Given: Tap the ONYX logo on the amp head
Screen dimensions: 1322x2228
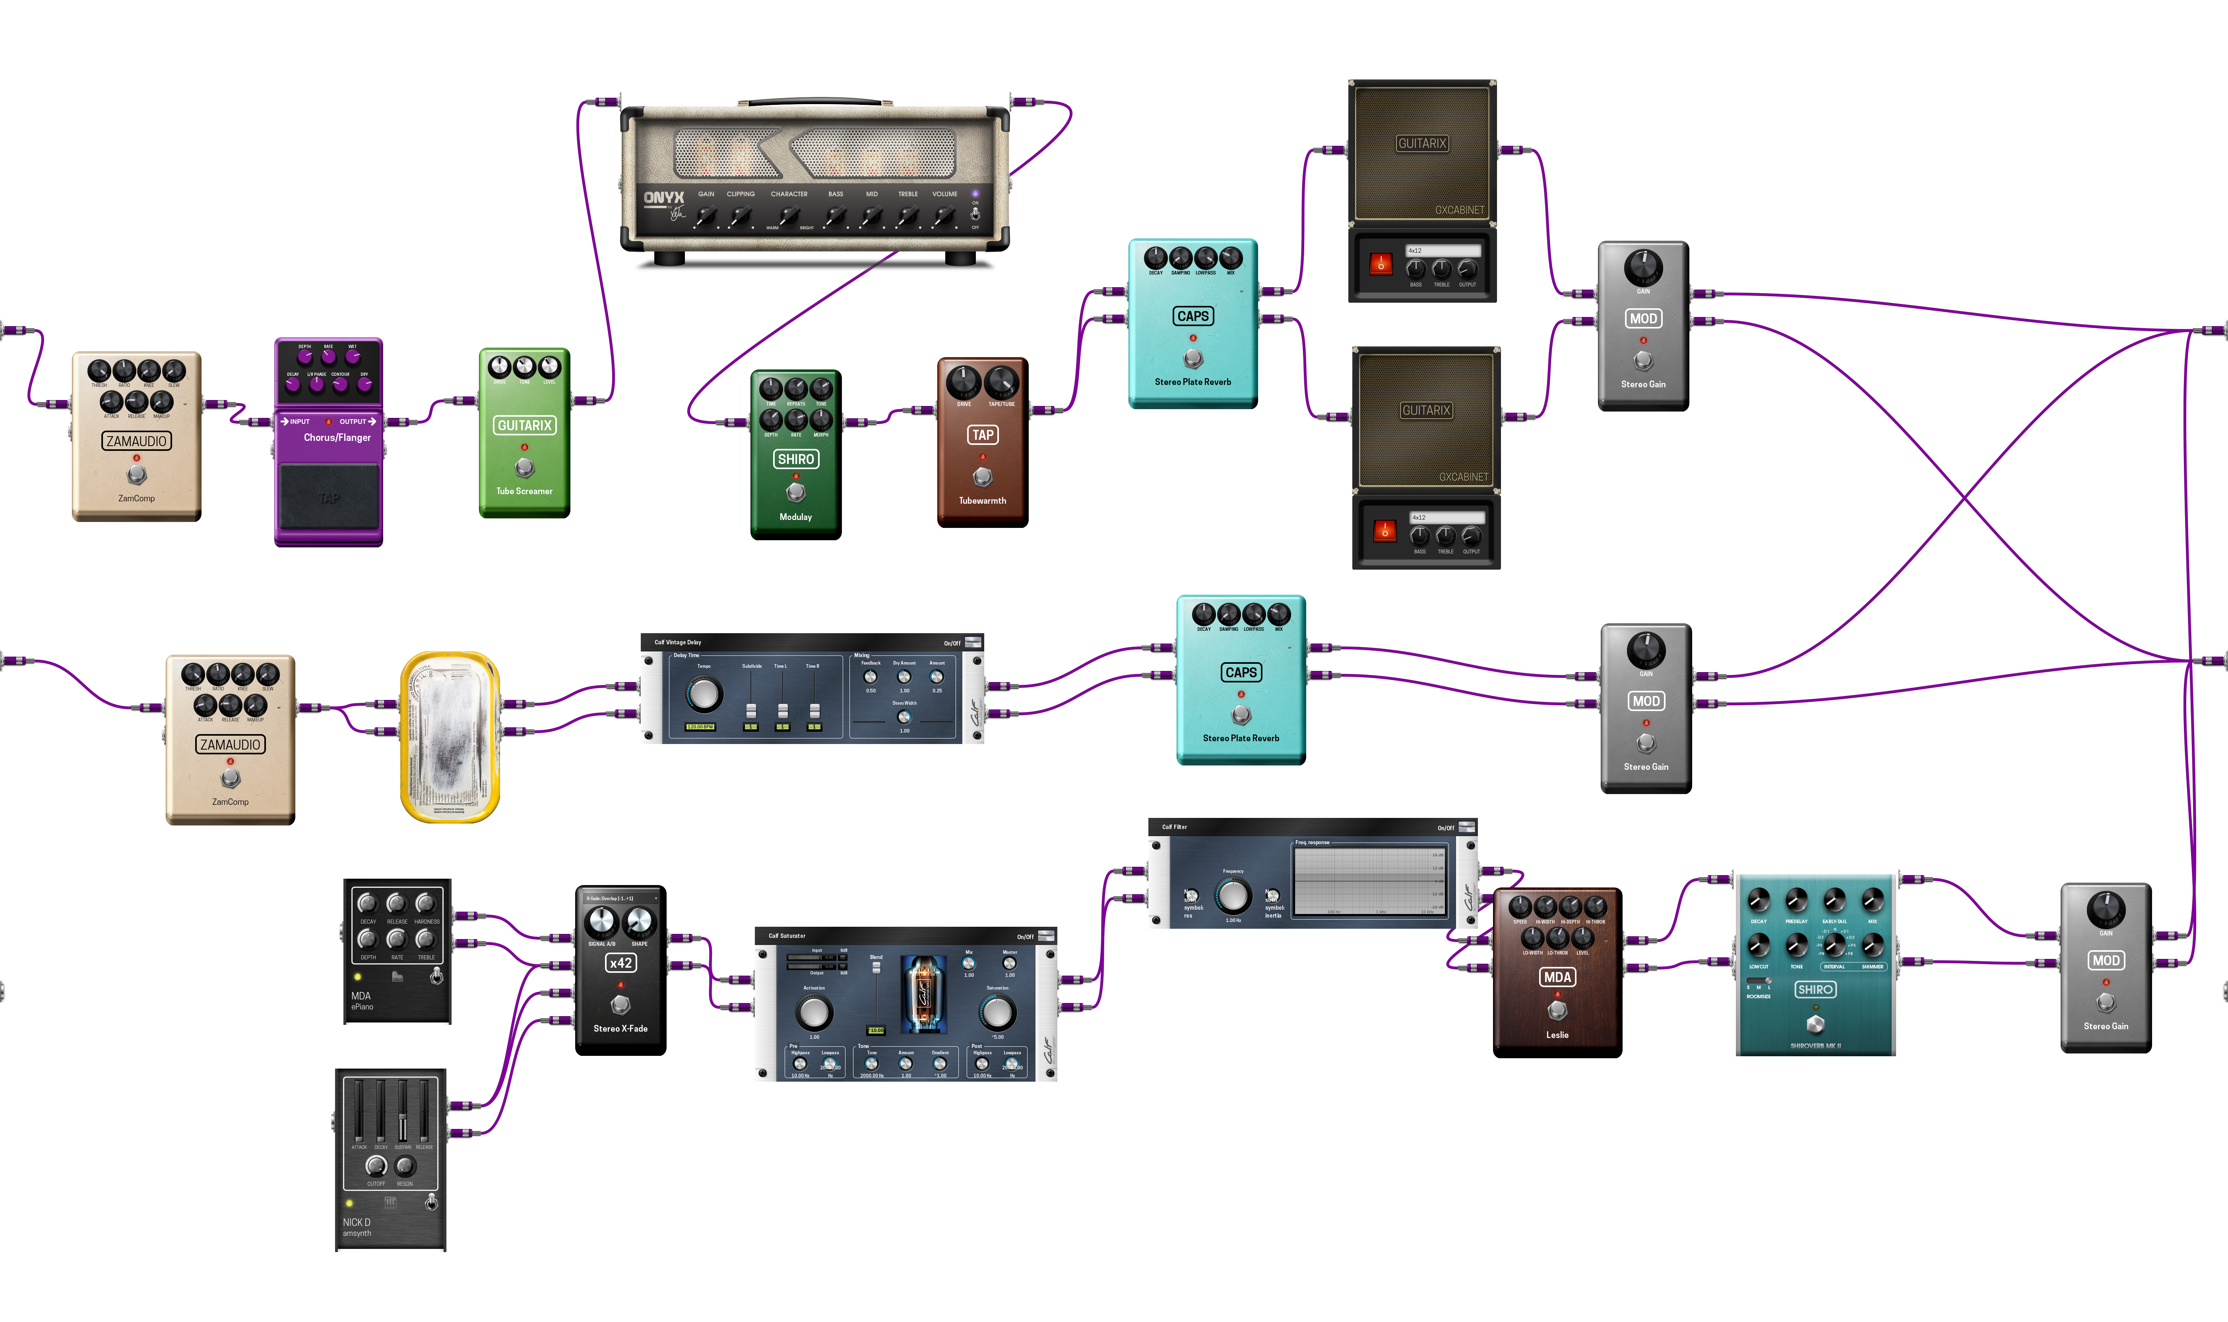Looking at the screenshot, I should [664, 198].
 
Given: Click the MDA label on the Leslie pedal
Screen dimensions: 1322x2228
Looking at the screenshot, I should [1557, 977].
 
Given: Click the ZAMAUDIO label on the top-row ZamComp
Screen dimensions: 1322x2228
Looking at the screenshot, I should [136, 441].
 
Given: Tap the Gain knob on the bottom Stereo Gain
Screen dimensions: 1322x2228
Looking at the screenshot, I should [2106, 910].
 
